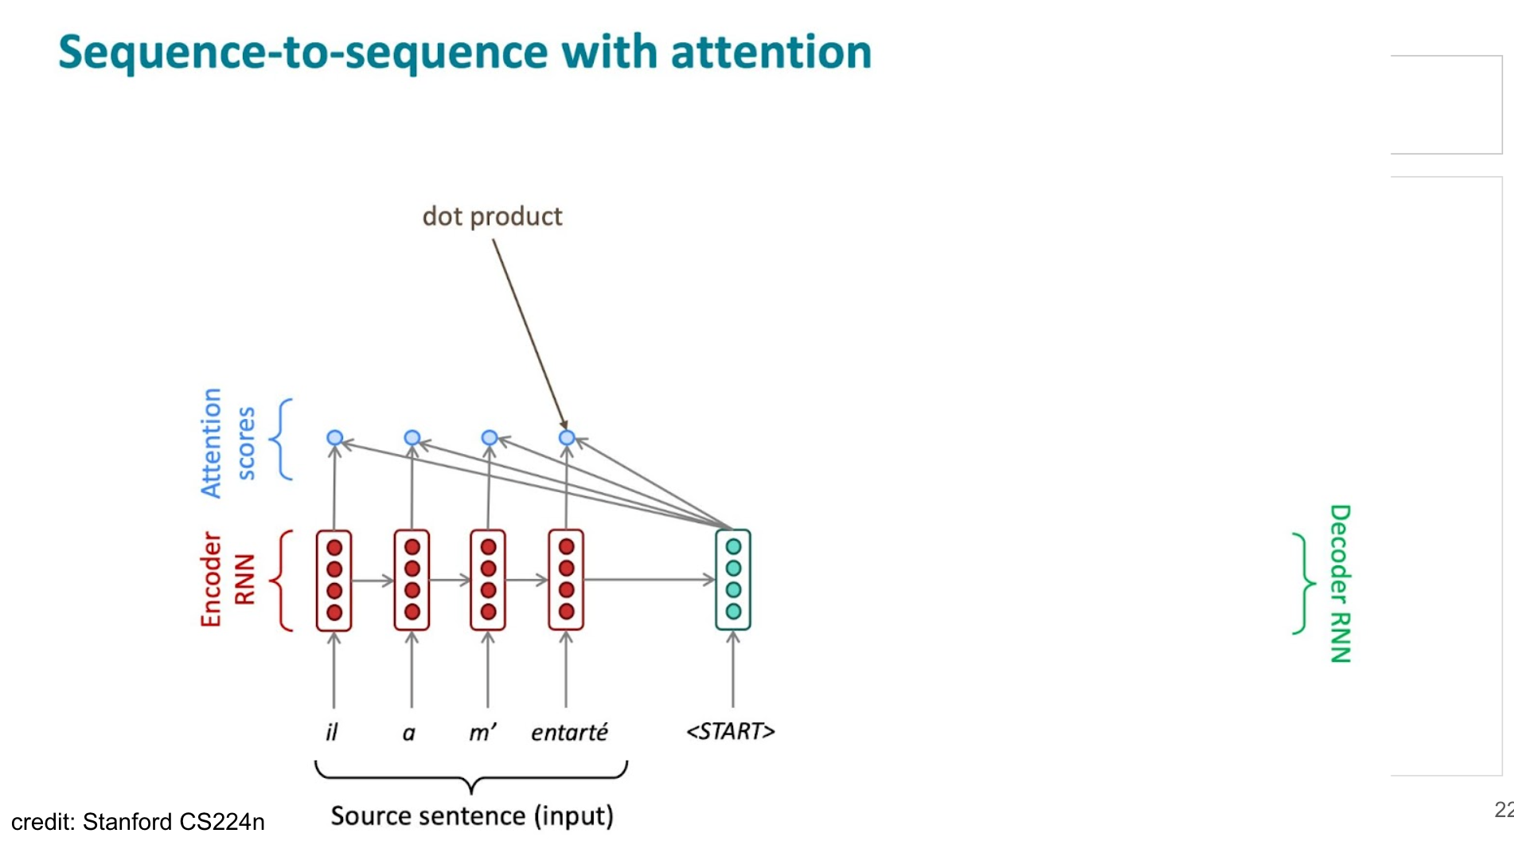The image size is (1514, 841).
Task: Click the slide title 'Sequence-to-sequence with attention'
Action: [x=465, y=53]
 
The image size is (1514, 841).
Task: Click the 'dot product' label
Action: [x=492, y=217]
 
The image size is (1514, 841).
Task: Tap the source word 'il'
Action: [x=332, y=732]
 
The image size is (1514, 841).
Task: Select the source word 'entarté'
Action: [x=569, y=732]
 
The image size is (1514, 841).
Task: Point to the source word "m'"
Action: [x=482, y=732]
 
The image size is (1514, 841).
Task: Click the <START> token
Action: [x=731, y=731]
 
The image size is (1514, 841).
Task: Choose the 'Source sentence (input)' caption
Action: [x=472, y=816]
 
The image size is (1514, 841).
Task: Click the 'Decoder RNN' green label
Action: [x=1340, y=584]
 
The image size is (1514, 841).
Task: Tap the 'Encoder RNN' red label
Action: [x=227, y=580]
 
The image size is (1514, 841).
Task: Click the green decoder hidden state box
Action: [x=733, y=580]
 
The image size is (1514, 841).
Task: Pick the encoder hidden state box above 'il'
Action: [x=334, y=580]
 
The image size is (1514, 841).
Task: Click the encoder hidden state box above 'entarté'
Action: [x=566, y=580]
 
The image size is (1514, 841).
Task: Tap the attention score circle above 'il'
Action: [x=335, y=438]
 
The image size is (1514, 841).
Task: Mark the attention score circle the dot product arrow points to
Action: [x=567, y=437]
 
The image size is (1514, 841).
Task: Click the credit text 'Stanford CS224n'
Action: [x=174, y=822]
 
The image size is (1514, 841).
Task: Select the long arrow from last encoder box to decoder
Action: [x=649, y=580]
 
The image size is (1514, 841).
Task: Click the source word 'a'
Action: [x=409, y=733]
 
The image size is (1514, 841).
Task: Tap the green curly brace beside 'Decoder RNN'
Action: [x=1303, y=584]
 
